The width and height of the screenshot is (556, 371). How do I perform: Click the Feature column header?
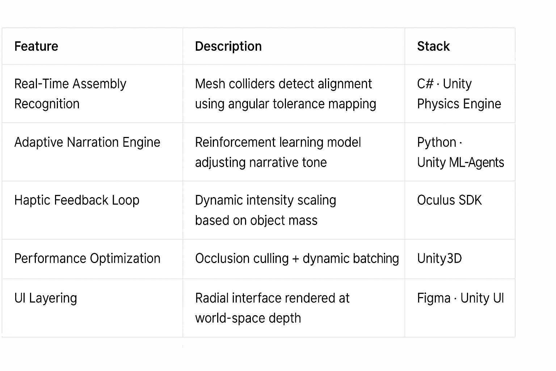[x=36, y=46]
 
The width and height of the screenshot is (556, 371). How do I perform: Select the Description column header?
[x=228, y=46]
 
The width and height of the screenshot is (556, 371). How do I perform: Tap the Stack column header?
[x=433, y=46]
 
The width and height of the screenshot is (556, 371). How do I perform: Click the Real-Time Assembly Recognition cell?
[x=70, y=93]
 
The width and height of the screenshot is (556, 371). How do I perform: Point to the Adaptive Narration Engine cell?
[x=87, y=142]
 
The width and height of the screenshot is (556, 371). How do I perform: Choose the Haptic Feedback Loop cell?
[x=77, y=200]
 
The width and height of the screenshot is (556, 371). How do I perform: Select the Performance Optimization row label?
[x=87, y=259]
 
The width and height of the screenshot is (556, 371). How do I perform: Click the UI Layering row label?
[x=46, y=298]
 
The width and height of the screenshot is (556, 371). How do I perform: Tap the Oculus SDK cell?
[x=449, y=200]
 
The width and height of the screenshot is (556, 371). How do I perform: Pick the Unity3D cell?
[x=439, y=259]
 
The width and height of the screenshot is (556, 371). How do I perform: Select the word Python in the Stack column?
[x=437, y=142]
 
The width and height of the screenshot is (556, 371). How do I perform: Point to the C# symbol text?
[x=425, y=84]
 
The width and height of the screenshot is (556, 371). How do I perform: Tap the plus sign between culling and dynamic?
[x=296, y=259]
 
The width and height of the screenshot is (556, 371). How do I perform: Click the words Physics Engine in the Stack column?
[x=459, y=104]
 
